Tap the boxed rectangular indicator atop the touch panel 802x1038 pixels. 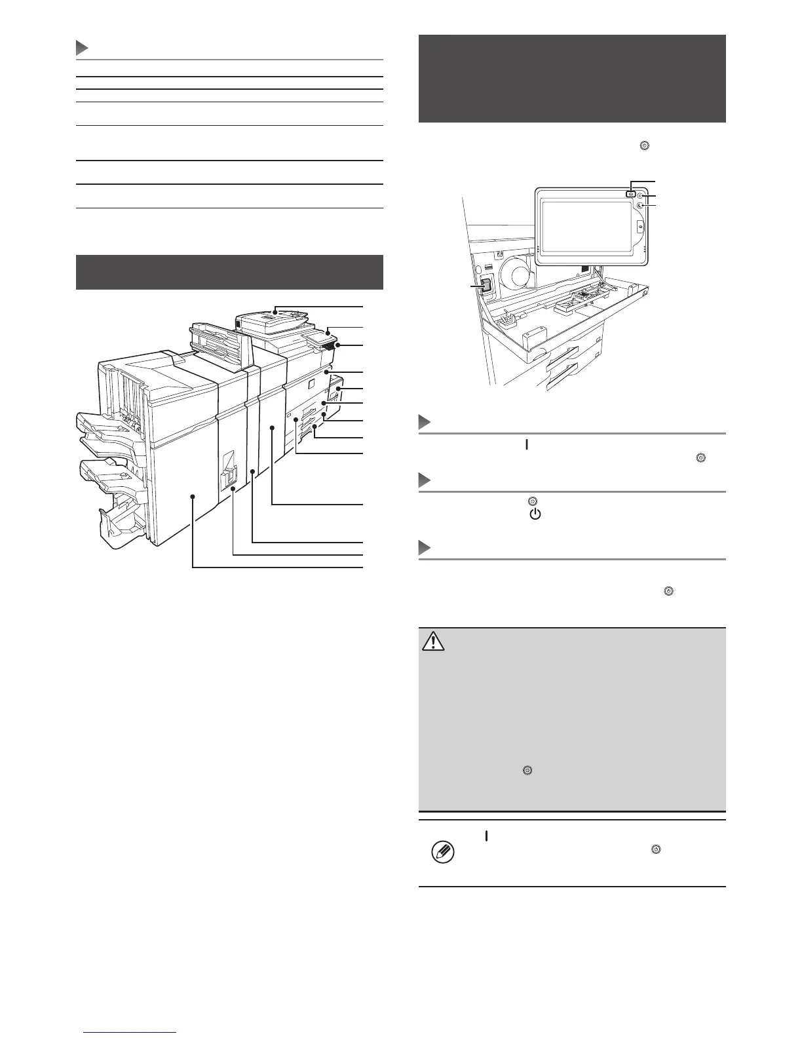click(x=630, y=194)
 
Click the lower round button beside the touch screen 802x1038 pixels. click(x=640, y=205)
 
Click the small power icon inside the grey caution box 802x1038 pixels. click(x=527, y=771)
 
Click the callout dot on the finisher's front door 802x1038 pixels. click(x=193, y=497)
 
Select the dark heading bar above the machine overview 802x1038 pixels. click(x=229, y=272)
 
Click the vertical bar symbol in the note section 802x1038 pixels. click(x=486, y=836)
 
